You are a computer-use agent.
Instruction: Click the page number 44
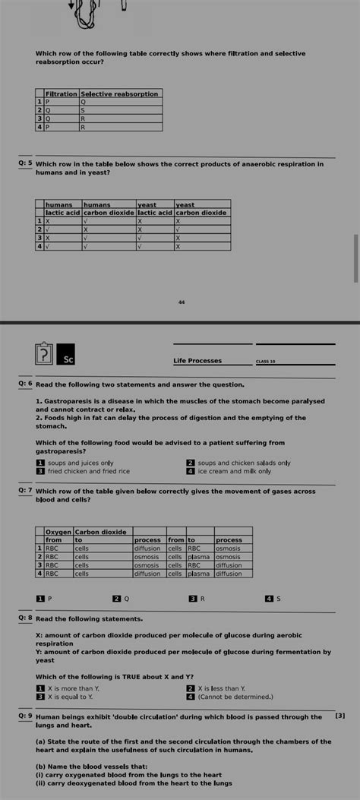coord(182,302)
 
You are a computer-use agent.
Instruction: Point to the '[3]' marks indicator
coord(339,716)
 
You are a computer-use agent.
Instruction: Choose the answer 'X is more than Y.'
coord(73,688)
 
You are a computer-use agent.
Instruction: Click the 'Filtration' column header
coord(62,93)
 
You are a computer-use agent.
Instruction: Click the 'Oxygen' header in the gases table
coord(58,532)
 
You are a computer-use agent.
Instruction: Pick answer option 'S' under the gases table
coord(277,599)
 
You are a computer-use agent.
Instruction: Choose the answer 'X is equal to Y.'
coord(70,696)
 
